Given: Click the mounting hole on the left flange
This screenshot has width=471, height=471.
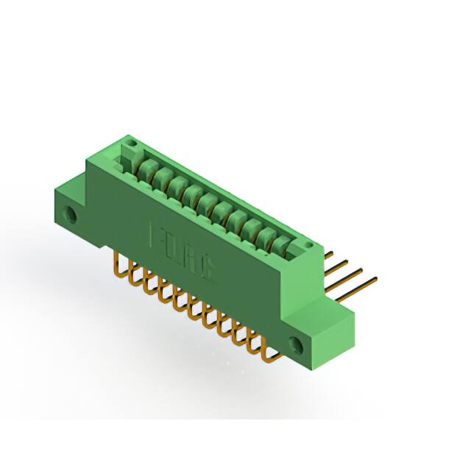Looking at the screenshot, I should [72, 215].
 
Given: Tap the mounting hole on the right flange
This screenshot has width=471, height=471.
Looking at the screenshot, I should [297, 343].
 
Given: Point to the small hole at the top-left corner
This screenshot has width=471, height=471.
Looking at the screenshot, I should [131, 141].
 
